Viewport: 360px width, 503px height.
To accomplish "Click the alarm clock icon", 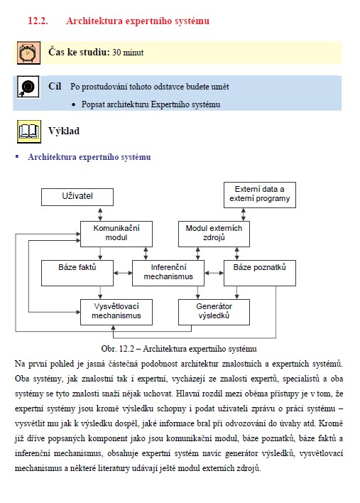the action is [28, 53].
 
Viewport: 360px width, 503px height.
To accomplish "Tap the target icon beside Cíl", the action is [28, 87].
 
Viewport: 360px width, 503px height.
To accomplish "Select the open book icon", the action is [29, 131].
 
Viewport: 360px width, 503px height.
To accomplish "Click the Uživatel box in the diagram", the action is [77, 197].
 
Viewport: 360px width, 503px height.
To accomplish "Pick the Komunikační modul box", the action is [116, 234].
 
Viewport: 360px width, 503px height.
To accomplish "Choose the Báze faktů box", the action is [77, 273].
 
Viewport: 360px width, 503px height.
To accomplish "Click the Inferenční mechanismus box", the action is [168, 273].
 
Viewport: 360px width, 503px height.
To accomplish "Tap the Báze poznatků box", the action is [260, 273].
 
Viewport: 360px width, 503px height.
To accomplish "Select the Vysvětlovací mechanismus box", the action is [116, 312].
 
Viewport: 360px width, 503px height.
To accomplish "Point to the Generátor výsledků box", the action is [214, 312].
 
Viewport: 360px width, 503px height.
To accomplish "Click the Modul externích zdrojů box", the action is [214, 234].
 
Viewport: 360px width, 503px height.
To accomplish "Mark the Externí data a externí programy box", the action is [260, 195].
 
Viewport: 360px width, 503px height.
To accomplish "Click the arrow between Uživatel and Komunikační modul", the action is [100, 213].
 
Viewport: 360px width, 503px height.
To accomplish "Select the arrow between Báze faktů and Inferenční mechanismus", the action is [123, 273].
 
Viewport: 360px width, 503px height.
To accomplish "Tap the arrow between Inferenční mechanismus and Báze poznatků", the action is [214, 273].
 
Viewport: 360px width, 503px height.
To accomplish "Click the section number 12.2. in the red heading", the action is [38, 21].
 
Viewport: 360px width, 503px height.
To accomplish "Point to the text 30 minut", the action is [128, 53].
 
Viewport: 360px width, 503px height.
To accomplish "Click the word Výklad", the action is [64, 131].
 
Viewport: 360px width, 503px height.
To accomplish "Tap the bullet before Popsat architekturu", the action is [74, 105].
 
